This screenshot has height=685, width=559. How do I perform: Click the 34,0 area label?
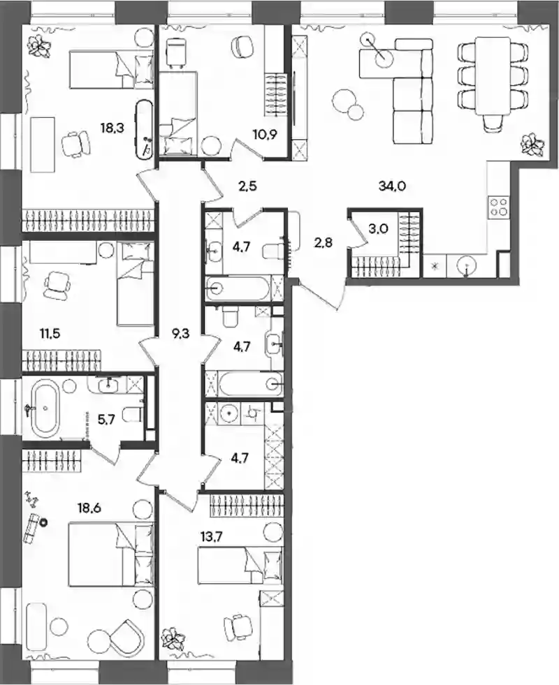click(392, 186)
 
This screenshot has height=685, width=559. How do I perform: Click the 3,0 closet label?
click(379, 229)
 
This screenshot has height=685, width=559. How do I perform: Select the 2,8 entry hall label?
click(323, 242)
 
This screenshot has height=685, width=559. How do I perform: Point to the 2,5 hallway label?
click(247, 186)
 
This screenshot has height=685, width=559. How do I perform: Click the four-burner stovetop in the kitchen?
click(498, 206)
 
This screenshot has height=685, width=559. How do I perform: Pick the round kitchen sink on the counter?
click(467, 265)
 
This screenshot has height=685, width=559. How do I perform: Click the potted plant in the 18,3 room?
click(41, 44)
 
